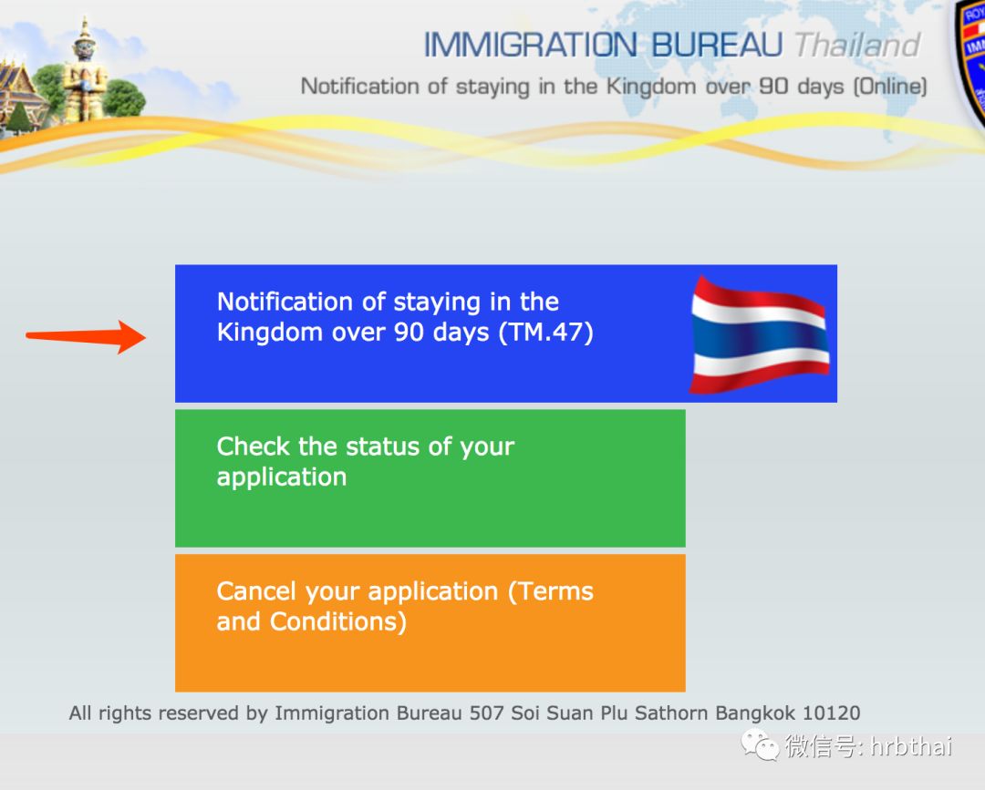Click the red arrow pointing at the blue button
[x=86, y=337]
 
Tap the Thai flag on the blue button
[x=760, y=335]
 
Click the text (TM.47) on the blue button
[x=546, y=332]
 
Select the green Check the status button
[x=430, y=478]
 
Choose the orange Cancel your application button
[x=430, y=623]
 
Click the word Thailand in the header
[x=857, y=46]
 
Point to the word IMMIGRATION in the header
[x=531, y=46]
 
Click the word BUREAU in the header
[x=717, y=46]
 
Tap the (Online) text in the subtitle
[x=890, y=86]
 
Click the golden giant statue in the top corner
[x=84, y=70]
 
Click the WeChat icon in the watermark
[x=760, y=744]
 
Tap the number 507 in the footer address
[x=487, y=713]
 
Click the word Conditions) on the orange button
[x=338, y=621]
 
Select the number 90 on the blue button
[x=409, y=332]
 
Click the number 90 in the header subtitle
[x=773, y=86]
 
